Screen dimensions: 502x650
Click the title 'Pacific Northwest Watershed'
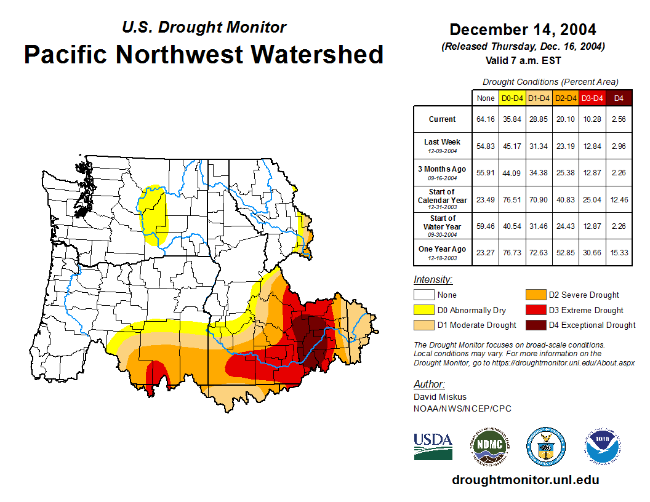tap(204, 55)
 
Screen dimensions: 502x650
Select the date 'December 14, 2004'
tap(523, 30)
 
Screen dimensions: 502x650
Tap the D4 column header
tap(619, 98)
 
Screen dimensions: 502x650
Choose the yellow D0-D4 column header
tap(512, 98)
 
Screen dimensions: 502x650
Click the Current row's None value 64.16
tap(485, 119)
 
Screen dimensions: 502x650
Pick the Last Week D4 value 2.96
tap(619, 146)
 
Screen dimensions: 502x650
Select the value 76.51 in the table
tap(512, 199)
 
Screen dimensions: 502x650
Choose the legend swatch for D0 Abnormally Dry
tap(423, 310)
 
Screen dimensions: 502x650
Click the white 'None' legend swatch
tap(423, 295)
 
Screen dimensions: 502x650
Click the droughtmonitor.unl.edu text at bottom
tap(525, 480)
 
